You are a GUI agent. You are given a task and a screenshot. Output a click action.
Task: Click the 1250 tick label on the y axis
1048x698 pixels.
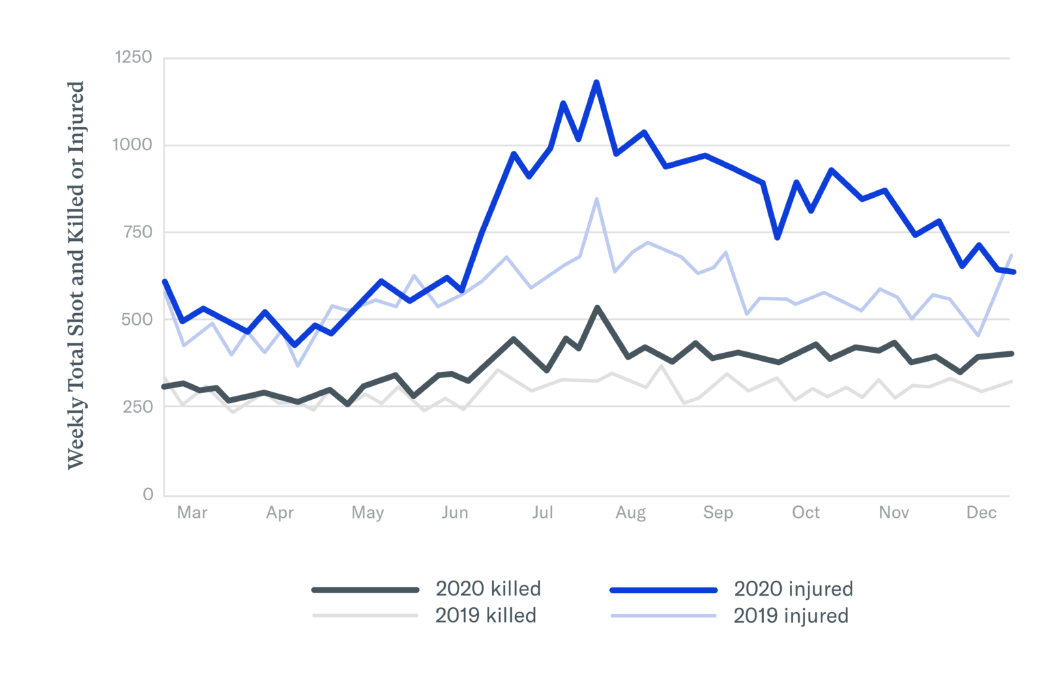pos(134,57)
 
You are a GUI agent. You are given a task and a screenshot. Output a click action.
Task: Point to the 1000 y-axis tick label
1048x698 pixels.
pos(134,145)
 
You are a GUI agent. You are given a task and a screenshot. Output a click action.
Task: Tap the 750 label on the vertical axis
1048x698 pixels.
pos(137,232)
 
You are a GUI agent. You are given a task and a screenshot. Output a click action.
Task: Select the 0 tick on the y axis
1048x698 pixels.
pos(148,495)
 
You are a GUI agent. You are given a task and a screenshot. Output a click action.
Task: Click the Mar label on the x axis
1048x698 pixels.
pos(192,512)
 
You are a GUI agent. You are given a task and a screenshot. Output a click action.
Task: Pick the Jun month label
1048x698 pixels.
pos(454,512)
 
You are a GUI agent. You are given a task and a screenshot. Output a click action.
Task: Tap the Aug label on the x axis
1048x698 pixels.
pos(630,512)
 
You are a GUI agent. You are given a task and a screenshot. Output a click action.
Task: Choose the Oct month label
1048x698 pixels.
pos(805,512)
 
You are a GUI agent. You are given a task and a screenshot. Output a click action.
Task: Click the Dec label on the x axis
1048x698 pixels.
pos(981,512)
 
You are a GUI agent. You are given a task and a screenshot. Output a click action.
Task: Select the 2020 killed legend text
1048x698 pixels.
pos(488,589)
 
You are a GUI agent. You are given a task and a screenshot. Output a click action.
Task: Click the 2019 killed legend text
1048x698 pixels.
pos(485,615)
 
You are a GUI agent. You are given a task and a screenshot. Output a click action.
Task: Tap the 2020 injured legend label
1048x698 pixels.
pos(793,589)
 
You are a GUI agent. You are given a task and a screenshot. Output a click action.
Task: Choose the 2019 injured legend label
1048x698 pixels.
pos(790,615)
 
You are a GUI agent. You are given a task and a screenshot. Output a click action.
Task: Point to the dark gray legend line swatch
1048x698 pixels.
pos(365,590)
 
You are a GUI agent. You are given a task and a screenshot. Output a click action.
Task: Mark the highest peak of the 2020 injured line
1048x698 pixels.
pos(596,82)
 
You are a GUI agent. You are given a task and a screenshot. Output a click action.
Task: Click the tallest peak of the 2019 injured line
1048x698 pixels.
pos(596,199)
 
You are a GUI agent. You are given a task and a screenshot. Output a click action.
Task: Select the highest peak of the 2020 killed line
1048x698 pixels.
pos(597,308)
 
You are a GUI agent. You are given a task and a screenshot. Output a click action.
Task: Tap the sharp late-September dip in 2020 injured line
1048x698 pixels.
pos(777,237)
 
